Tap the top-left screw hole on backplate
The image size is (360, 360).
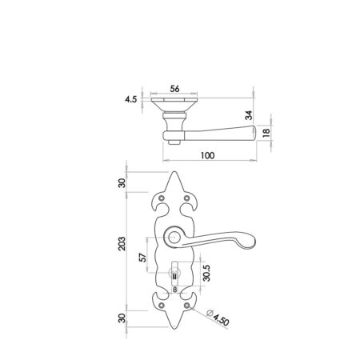point(162,198)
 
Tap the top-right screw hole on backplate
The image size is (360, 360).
point(189,198)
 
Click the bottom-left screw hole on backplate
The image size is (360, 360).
point(162,305)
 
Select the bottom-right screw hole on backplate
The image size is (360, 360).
point(189,305)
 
